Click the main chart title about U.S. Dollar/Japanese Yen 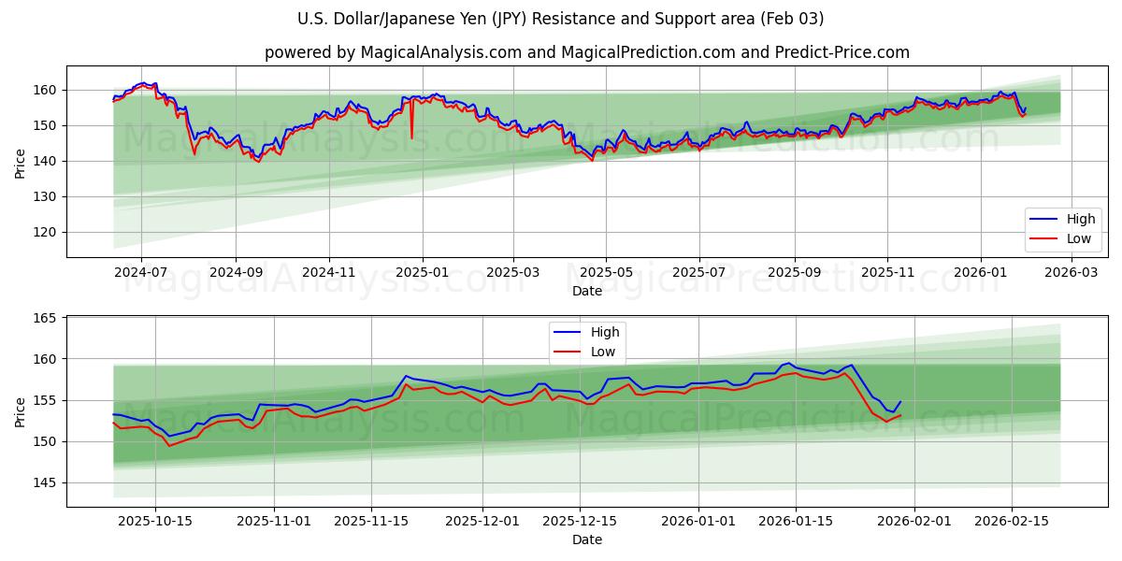click(x=560, y=19)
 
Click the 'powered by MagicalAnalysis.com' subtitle click(x=586, y=52)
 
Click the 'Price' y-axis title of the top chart click(x=21, y=163)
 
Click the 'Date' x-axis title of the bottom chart click(x=586, y=539)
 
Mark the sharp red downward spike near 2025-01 click(x=411, y=137)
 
